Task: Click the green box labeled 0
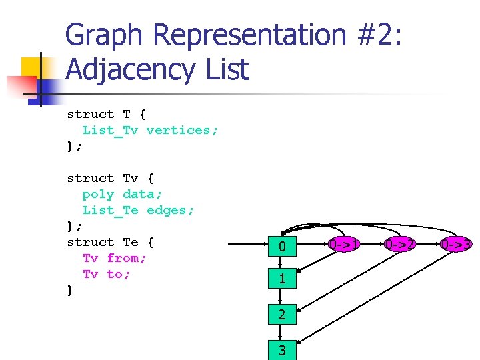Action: (x=282, y=247)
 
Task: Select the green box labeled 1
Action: (x=282, y=279)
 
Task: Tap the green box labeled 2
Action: (x=282, y=315)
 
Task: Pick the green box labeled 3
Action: (x=282, y=349)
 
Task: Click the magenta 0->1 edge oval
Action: (x=345, y=245)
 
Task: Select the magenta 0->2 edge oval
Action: (x=401, y=245)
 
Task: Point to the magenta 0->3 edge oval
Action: (x=457, y=245)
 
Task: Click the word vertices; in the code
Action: (x=182, y=130)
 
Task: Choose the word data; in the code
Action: (x=143, y=194)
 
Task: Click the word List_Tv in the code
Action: (x=110, y=130)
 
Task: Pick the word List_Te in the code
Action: (x=110, y=210)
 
